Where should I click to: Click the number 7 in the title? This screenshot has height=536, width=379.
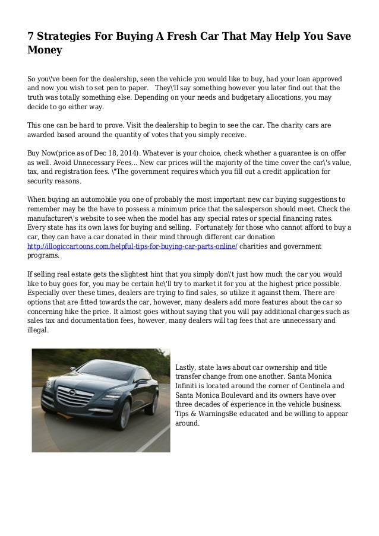pyautogui.click(x=31, y=37)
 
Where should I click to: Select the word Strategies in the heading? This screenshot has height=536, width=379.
pyautogui.click(x=68, y=38)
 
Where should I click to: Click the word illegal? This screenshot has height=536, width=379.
pyautogui.click(x=39, y=332)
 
